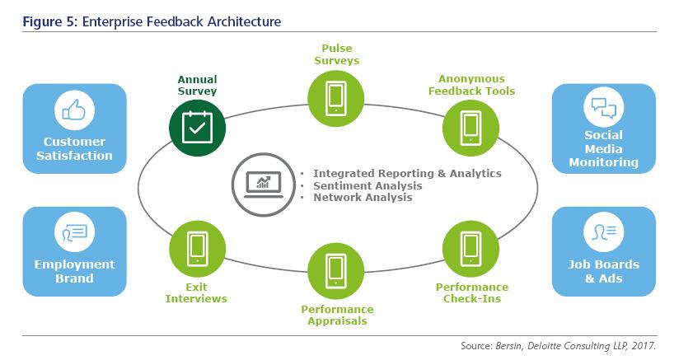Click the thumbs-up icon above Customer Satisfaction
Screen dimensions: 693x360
coord(74,110)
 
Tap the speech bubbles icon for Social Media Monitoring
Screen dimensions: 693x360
coord(604,108)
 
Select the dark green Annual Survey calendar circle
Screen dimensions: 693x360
coord(198,128)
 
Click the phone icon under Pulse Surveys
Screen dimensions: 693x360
coord(336,99)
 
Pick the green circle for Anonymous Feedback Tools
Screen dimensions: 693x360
coord(471,128)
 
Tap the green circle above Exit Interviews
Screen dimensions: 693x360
coord(198,249)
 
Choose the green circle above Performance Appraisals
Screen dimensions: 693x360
coord(336,271)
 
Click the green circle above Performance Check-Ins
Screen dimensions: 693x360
coord(471,249)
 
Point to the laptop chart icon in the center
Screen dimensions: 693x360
coord(264,185)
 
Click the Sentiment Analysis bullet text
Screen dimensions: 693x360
coord(368,185)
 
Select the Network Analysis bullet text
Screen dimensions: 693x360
coord(363,198)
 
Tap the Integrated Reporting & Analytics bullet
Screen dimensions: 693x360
coord(408,173)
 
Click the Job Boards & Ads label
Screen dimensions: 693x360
coord(604,271)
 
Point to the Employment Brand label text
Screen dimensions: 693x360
coord(75,271)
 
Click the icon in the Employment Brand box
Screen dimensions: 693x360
coord(75,232)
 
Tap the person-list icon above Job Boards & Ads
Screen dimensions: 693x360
coord(604,232)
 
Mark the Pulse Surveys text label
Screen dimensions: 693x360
coord(337,54)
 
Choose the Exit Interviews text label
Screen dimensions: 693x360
coord(196,292)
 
